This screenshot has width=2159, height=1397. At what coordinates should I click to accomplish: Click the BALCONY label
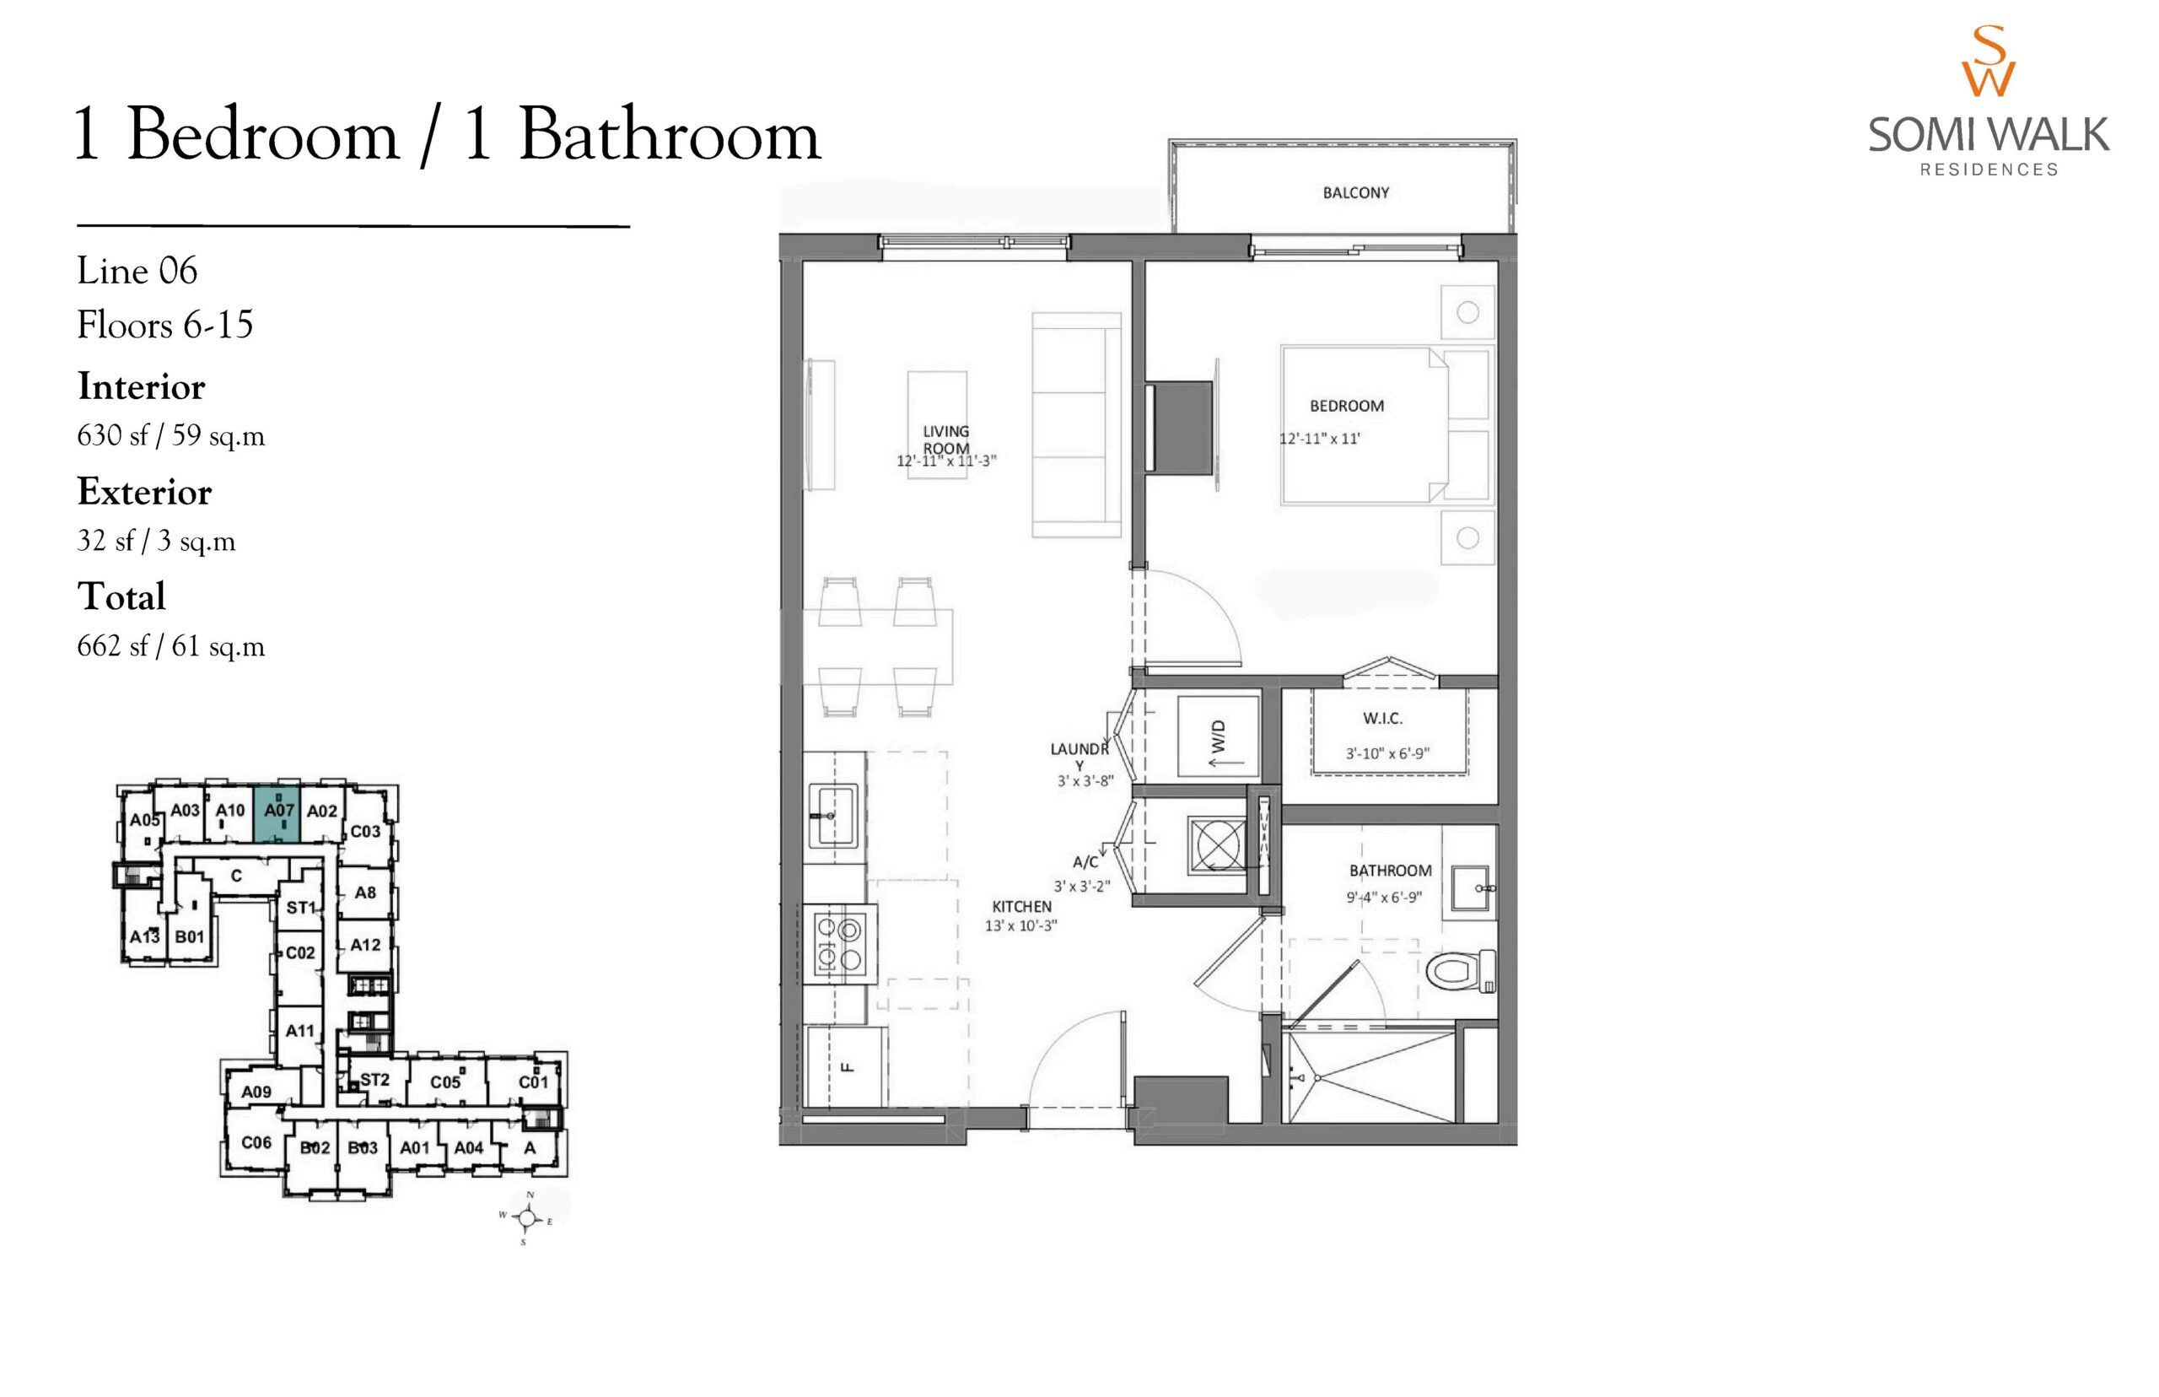click(1355, 192)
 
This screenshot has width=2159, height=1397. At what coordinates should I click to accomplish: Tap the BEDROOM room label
click(1347, 406)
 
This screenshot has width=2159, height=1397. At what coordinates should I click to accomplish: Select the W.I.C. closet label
click(1383, 718)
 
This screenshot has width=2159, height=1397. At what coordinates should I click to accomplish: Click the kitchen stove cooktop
click(839, 944)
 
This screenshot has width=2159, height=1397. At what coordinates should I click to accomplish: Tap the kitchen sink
click(832, 816)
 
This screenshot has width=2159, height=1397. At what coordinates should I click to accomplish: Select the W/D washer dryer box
click(1218, 736)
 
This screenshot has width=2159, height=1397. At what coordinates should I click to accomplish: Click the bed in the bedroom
click(1386, 423)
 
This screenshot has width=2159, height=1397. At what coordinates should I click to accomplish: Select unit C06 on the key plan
click(256, 1142)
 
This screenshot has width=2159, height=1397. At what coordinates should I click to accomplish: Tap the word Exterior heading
click(144, 492)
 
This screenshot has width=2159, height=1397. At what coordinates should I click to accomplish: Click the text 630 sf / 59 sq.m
click(171, 435)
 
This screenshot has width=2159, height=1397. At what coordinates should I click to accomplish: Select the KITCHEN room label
click(1022, 906)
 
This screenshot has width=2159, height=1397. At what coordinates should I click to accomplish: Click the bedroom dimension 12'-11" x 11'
click(1319, 439)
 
